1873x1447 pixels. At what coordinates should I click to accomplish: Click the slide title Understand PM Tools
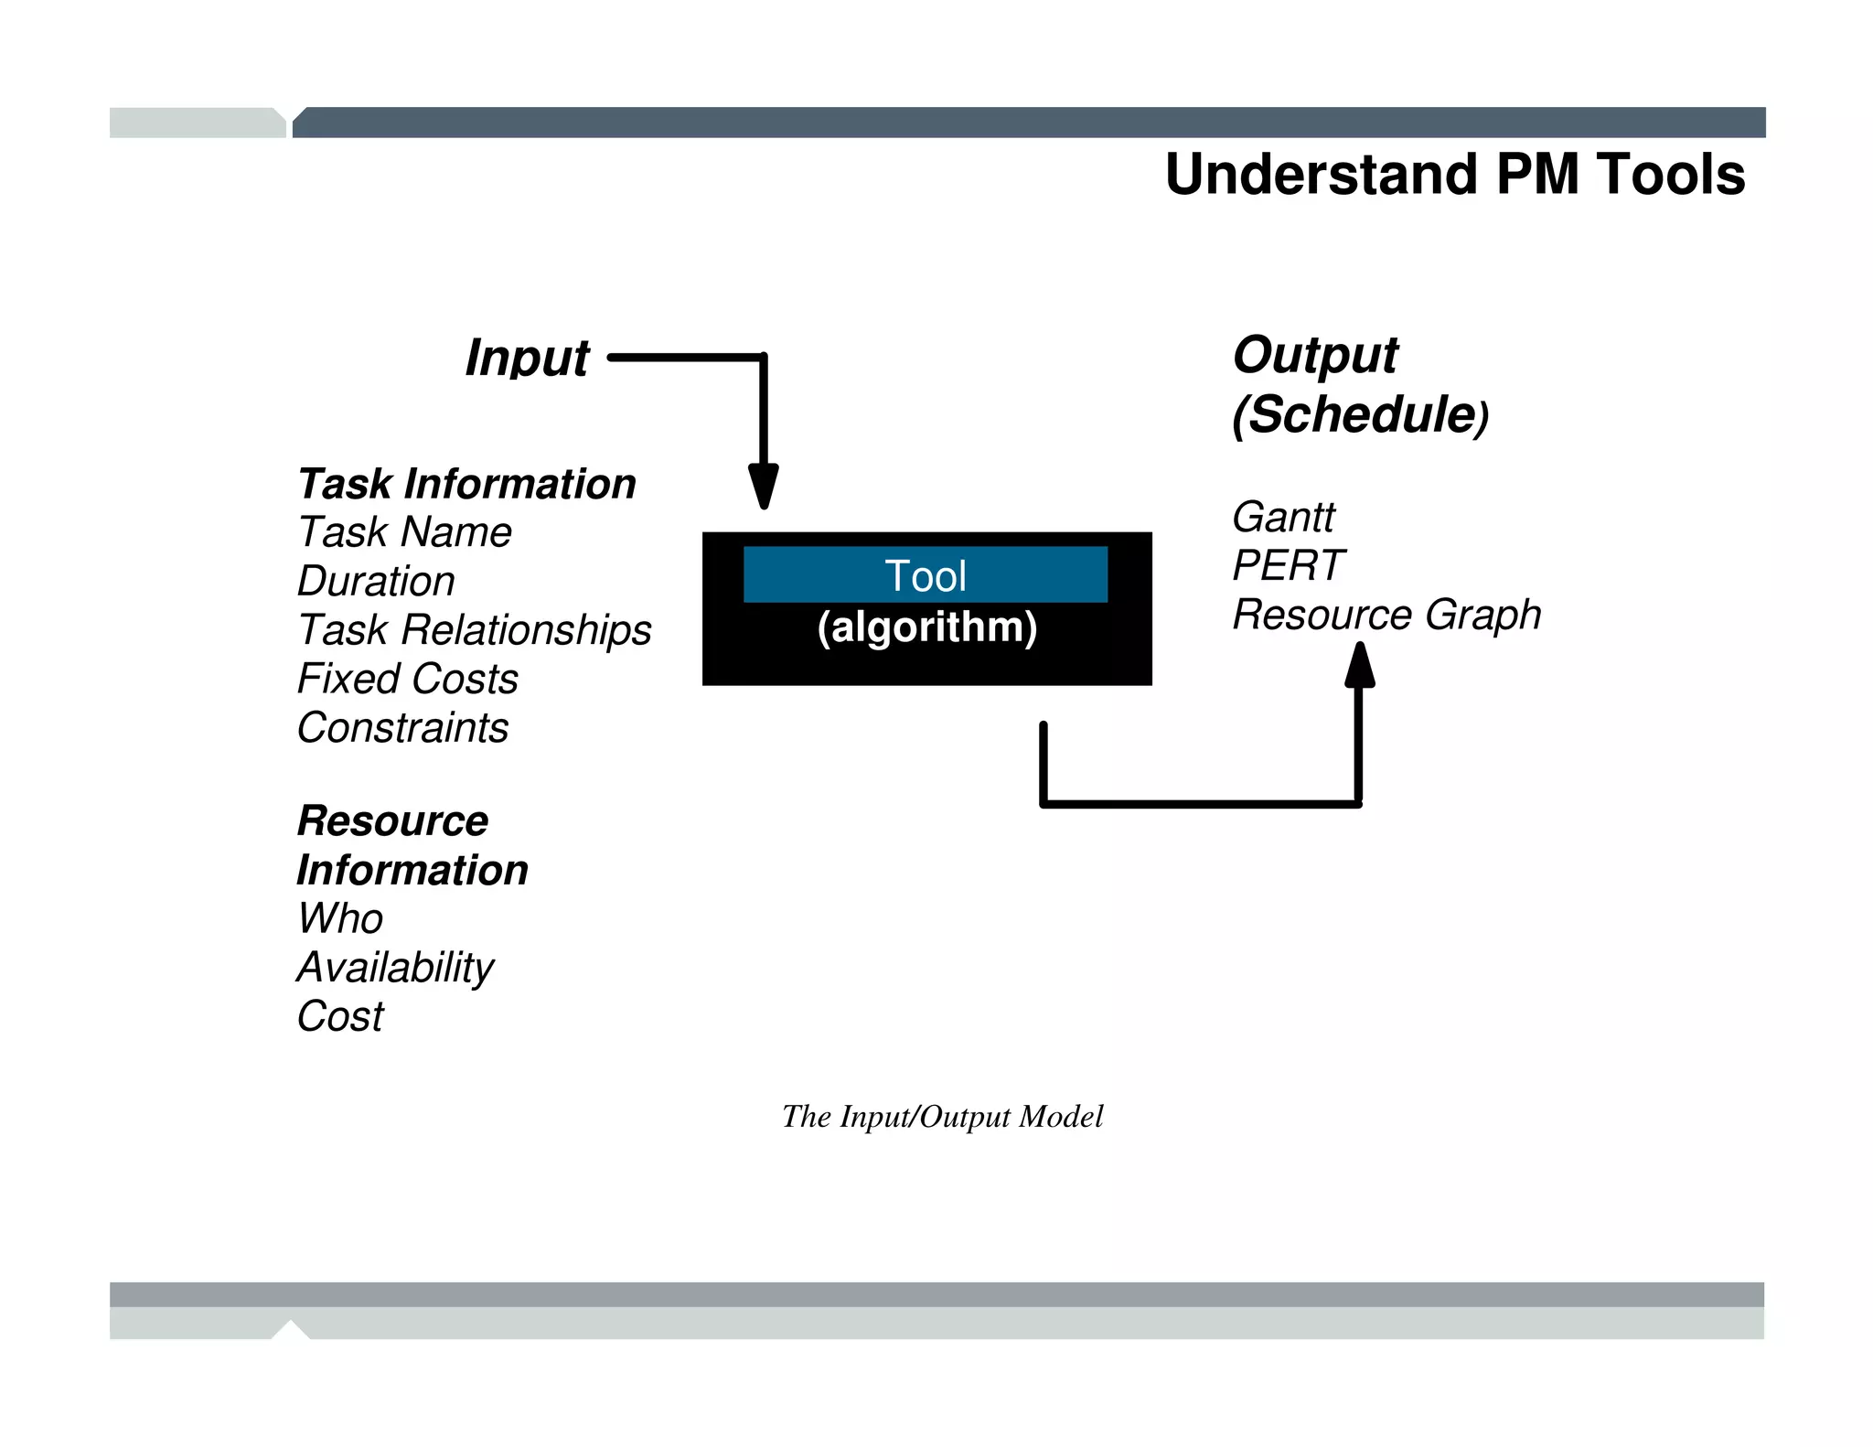click(x=1454, y=174)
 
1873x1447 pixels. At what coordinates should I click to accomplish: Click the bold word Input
click(x=527, y=358)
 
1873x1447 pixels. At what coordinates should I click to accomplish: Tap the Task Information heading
click(x=466, y=484)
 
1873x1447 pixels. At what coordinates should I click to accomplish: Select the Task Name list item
click(x=404, y=532)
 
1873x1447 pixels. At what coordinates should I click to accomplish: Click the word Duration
click(x=376, y=582)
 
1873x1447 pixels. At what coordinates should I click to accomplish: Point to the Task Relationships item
click(x=474, y=630)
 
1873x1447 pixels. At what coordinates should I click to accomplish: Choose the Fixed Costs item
click(x=408, y=679)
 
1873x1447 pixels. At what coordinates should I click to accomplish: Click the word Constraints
click(x=402, y=728)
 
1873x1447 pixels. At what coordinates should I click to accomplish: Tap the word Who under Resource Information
click(x=340, y=918)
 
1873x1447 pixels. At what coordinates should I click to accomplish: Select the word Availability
click(x=395, y=968)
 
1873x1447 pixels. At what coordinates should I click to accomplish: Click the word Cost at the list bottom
click(x=340, y=1016)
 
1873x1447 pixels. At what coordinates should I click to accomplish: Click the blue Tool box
click(x=925, y=575)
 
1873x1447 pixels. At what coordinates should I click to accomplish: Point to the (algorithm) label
click(x=926, y=627)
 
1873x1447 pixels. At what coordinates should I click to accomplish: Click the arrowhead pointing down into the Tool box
click(x=763, y=485)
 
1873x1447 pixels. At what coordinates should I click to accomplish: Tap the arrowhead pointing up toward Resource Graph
click(x=1360, y=665)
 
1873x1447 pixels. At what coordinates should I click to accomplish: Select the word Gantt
click(x=1282, y=518)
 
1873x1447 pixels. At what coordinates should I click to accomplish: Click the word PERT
click(x=1287, y=565)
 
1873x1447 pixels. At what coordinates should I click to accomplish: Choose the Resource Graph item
click(x=1386, y=615)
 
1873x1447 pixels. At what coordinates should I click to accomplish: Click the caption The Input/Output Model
click(x=942, y=1117)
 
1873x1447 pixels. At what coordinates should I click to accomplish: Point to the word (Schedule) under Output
click(x=1360, y=415)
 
